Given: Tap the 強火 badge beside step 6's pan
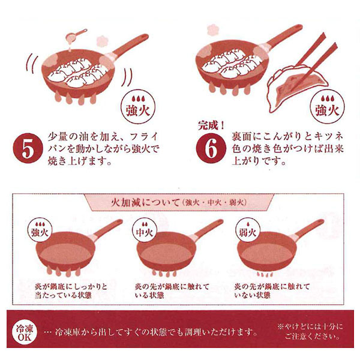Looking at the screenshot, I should point(326,106).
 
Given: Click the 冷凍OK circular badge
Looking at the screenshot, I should point(26,332).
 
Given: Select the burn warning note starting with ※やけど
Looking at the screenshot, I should point(310,331).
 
